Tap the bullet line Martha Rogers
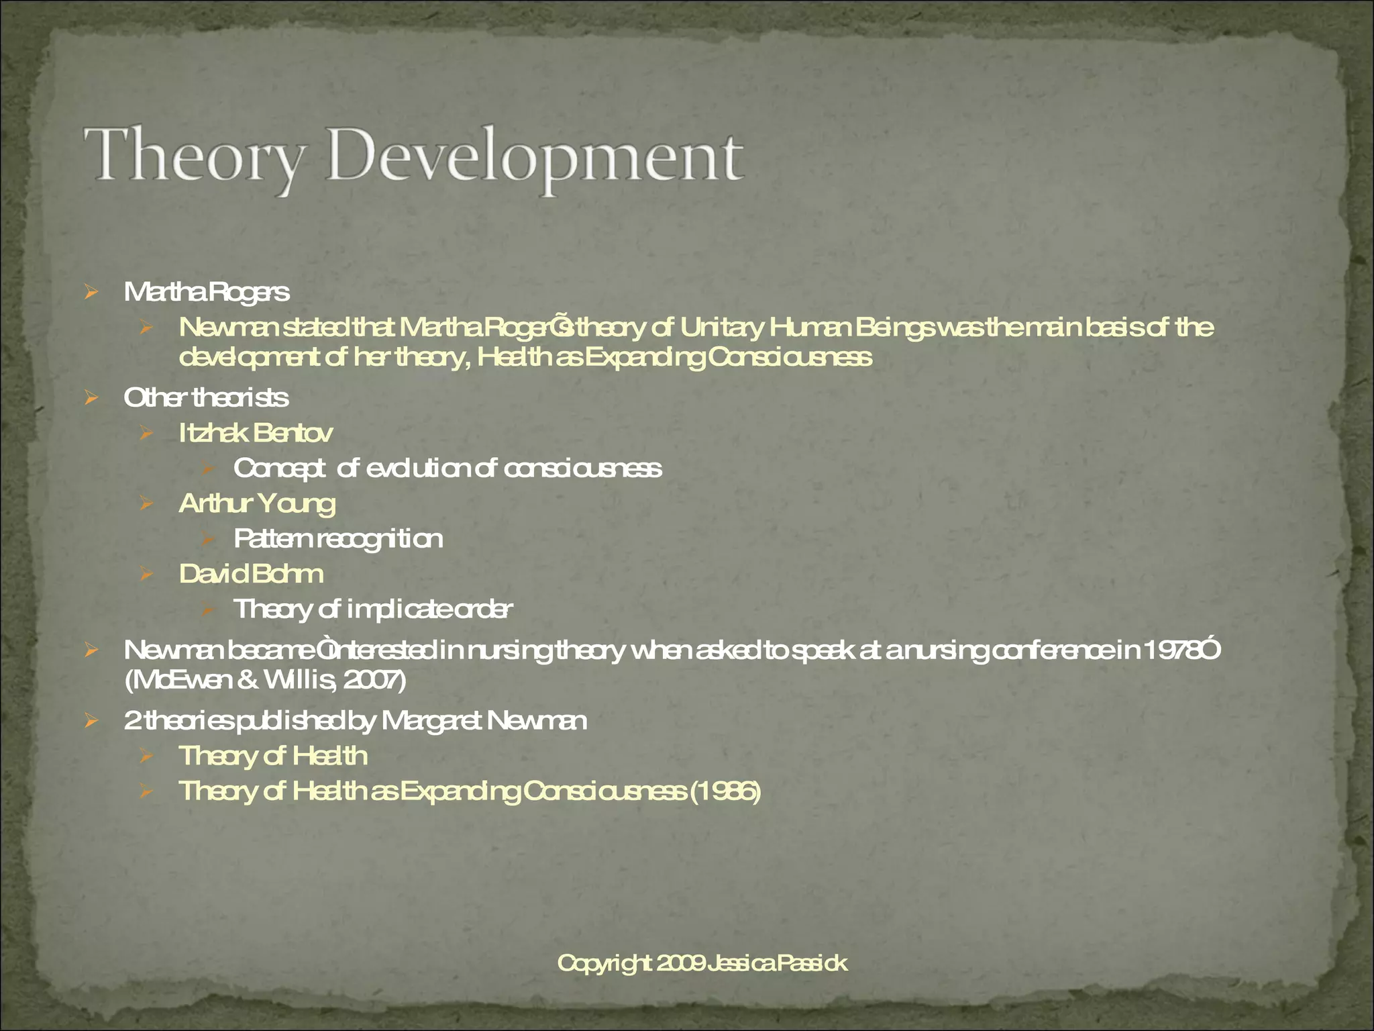coord(207,292)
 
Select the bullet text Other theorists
coord(206,397)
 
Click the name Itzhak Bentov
coord(255,433)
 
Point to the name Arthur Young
coord(257,503)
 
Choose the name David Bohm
coord(251,574)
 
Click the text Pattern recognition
coord(338,538)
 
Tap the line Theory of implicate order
coord(373,609)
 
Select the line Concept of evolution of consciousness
coord(447,468)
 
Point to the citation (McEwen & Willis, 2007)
coord(266,681)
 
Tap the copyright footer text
coord(702,963)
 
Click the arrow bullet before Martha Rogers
coord(92,292)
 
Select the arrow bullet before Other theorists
coord(92,398)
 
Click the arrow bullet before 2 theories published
coord(92,722)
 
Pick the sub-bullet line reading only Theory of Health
coord(273,756)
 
